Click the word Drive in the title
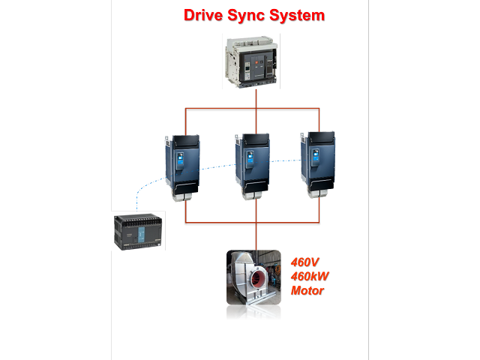coord(205,15)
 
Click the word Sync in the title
coord(255,15)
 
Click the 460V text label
coord(306,262)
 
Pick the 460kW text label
coord(310,276)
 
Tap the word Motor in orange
coord(307,290)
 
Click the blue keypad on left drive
coord(180,160)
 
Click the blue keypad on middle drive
coord(247,160)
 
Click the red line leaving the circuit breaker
coord(256,99)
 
